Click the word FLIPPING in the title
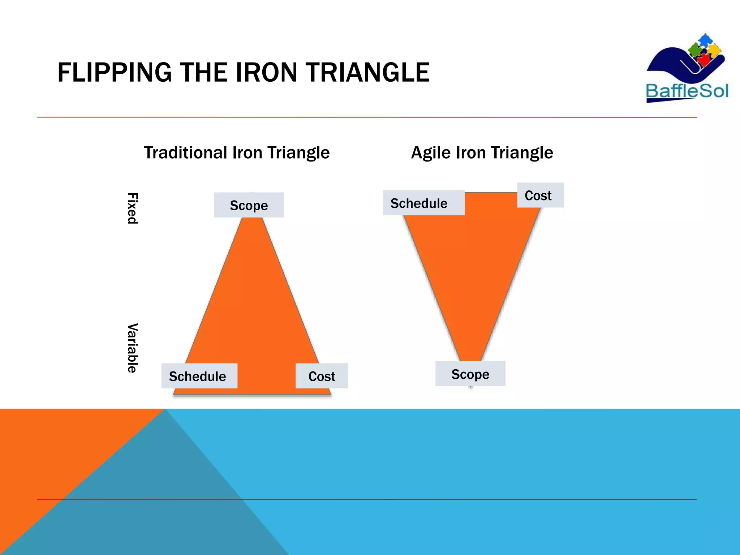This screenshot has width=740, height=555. click(114, 73)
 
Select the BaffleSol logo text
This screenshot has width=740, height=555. click(687, 91)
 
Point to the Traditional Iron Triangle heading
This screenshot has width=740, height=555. click(237, 152)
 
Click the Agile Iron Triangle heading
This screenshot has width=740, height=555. click(482, 152)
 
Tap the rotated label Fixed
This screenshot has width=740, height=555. click(133, 208)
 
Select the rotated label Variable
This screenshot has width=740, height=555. click(133, 348)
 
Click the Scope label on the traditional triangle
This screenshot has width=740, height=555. click(249, 205)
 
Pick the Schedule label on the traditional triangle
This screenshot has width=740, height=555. click(198, 376)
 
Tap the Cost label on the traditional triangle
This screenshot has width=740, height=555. click(322, 376)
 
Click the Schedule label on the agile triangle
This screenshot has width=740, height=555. click(419, 203)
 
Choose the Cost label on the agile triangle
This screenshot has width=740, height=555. click(538, 195)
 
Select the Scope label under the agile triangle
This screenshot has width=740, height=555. click(470, 374)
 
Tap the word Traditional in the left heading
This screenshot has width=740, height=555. click(186, 152)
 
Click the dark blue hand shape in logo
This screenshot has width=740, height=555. click(668, 65)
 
